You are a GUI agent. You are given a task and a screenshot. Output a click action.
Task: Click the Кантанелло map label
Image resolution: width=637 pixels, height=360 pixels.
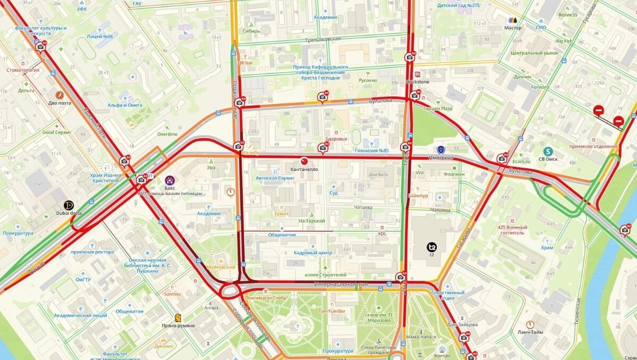click(304, 169)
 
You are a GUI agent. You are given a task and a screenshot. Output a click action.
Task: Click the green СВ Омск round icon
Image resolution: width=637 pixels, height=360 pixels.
click(548, 151)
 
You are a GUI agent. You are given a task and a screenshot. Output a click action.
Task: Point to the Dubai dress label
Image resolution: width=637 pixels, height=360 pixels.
click(69, 213)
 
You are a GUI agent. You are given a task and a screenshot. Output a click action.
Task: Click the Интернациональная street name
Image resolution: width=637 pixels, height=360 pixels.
click(341, 284)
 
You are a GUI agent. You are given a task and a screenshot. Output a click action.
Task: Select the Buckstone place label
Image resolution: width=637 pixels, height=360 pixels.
click(418, 82)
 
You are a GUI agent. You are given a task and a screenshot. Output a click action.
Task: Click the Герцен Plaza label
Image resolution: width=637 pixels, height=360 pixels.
click(438, 108)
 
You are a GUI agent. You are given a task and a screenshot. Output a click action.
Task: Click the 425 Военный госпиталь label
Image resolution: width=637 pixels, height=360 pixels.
click(513, 230)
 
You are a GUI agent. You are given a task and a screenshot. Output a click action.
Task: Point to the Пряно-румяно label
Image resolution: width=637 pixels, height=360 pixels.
click(178, 325)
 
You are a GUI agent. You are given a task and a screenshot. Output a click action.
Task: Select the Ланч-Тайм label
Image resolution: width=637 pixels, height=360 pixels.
click(530, 332)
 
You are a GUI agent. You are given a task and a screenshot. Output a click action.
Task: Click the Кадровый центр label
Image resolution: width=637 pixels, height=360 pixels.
click(313, 253)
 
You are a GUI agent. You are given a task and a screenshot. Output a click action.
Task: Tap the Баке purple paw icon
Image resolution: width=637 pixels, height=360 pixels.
click(170, 179)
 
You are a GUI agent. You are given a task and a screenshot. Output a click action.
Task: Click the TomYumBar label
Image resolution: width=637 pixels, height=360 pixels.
click(332, 311)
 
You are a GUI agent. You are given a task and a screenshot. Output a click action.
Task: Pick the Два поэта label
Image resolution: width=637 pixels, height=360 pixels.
click(60, 103)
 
